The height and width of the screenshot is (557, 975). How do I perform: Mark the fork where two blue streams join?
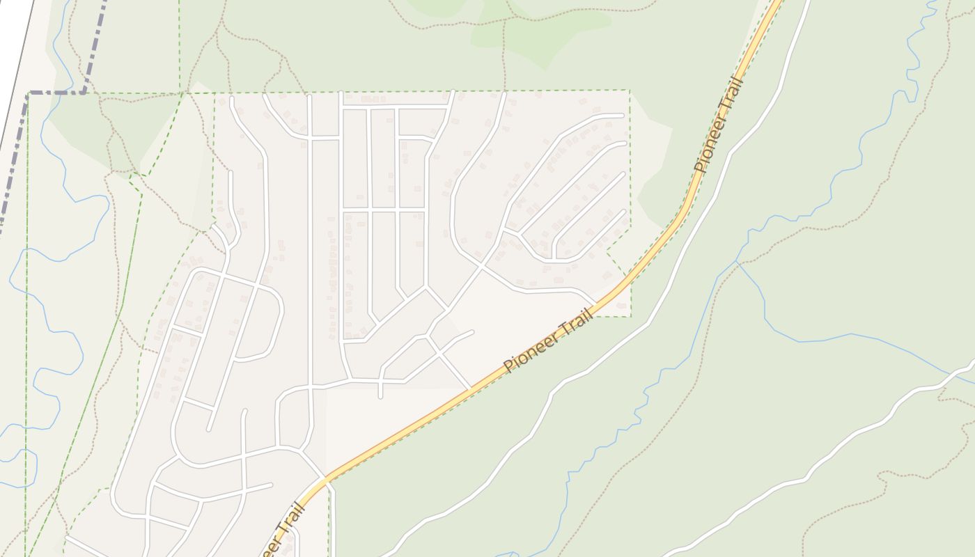738,262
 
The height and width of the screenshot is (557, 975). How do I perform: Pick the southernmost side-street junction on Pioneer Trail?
325,478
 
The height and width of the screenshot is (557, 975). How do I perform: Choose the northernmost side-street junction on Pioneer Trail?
597,304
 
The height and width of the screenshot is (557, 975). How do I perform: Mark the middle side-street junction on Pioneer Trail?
471,389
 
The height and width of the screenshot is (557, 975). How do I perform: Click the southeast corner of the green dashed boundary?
630,316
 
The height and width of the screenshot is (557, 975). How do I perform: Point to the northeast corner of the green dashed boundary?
630,91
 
